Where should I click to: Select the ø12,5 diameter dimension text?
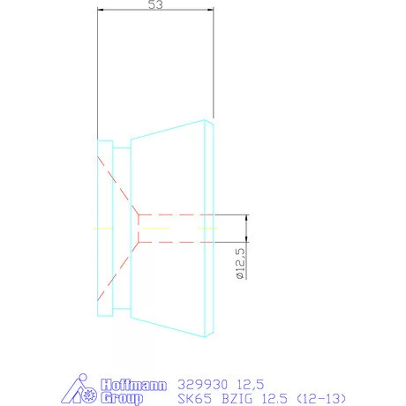(240, 263)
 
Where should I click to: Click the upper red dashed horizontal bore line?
(177, 214)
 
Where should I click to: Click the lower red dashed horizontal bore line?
(177, 241)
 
